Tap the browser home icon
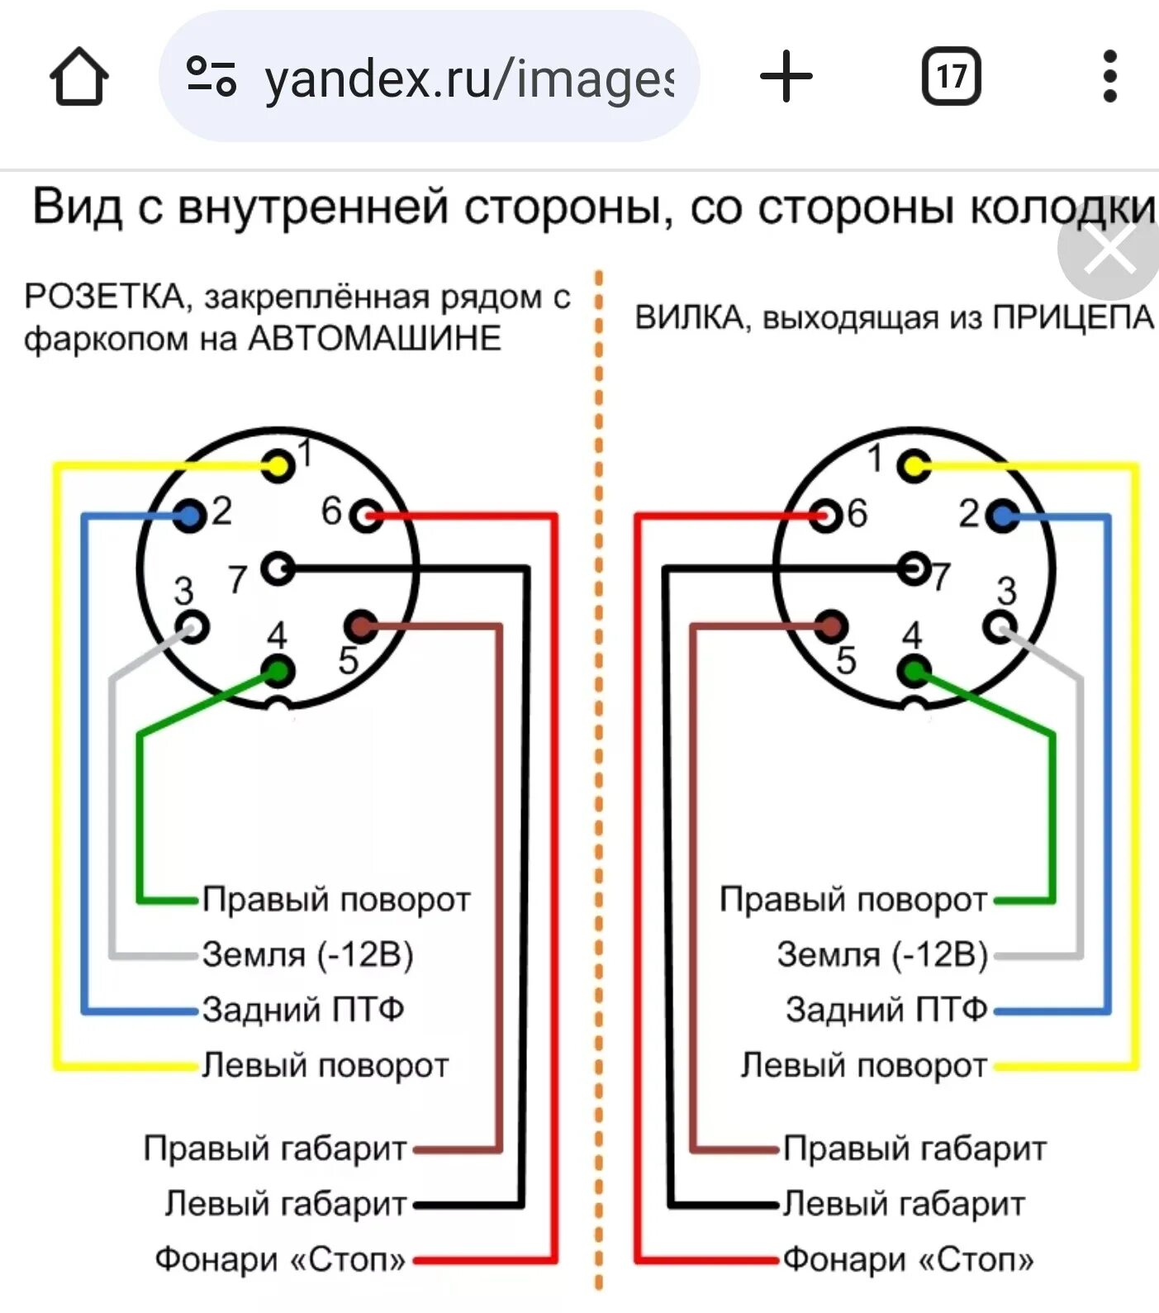(x=79, y=77)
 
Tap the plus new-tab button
(x=786, y=77)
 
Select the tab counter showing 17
(x=951, y=77)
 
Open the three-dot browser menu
(x=1109, y=77)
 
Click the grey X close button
(x=1109, y=251)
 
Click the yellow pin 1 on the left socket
(x=279, y=466)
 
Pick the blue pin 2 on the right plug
(x=1003, y=517)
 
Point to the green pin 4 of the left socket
(x=278, y=671)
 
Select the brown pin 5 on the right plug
(x=831, y=626)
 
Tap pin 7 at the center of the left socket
(x=278, y=568)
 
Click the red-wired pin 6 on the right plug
(x=824, y=516)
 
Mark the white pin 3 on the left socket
(x=192, y=626)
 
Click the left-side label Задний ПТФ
(x=303, y=1010)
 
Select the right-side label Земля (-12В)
(x=882, y=954)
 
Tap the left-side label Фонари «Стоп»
(x=281, y=1259)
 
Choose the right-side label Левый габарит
(x=904, y=1204)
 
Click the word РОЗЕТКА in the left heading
(x=104, y=296)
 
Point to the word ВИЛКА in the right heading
(x=689, y=317)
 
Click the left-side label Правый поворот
(x=336, y=899)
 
